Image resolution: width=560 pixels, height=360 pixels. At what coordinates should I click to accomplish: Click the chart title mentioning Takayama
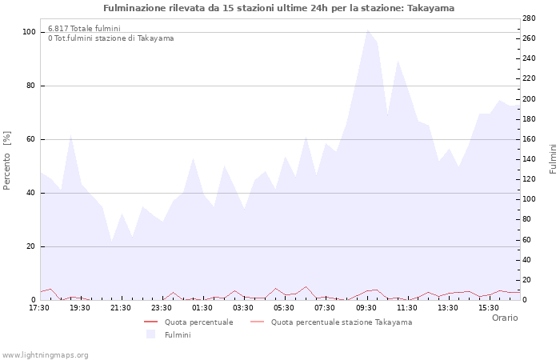[278, 8]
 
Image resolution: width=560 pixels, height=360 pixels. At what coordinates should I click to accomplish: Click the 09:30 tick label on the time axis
[366, 307]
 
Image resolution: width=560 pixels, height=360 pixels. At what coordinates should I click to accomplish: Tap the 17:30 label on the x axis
[39, 307]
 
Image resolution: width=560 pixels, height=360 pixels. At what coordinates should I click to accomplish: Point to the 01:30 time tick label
[202, 307]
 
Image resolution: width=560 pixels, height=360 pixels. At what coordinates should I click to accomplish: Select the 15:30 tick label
[489, 307]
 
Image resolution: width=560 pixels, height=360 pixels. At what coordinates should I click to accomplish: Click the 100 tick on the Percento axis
[29, 32]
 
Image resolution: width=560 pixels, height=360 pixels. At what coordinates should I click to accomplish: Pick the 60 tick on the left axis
[30, 139]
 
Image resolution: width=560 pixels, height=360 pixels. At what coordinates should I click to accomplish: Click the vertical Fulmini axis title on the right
[553, 158]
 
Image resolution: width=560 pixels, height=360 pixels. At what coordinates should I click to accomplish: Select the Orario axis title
[505, 318]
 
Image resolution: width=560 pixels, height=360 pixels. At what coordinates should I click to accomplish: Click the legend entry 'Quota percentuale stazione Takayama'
[342, 322]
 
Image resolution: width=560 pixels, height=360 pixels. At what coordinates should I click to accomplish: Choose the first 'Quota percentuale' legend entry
[198, 322]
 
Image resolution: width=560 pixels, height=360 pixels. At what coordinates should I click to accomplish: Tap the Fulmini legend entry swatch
[150, 334]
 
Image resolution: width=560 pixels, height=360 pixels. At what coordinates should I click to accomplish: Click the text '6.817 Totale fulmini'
[84, 29]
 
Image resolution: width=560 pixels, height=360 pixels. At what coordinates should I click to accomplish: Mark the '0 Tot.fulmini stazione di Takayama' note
[110, 38]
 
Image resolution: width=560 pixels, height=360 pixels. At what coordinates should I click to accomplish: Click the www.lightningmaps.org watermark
[45, 354]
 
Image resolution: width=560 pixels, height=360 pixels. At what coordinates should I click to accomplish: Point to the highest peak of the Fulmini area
[367, 30]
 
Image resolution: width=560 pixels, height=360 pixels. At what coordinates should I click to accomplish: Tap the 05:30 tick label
[285, 307]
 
